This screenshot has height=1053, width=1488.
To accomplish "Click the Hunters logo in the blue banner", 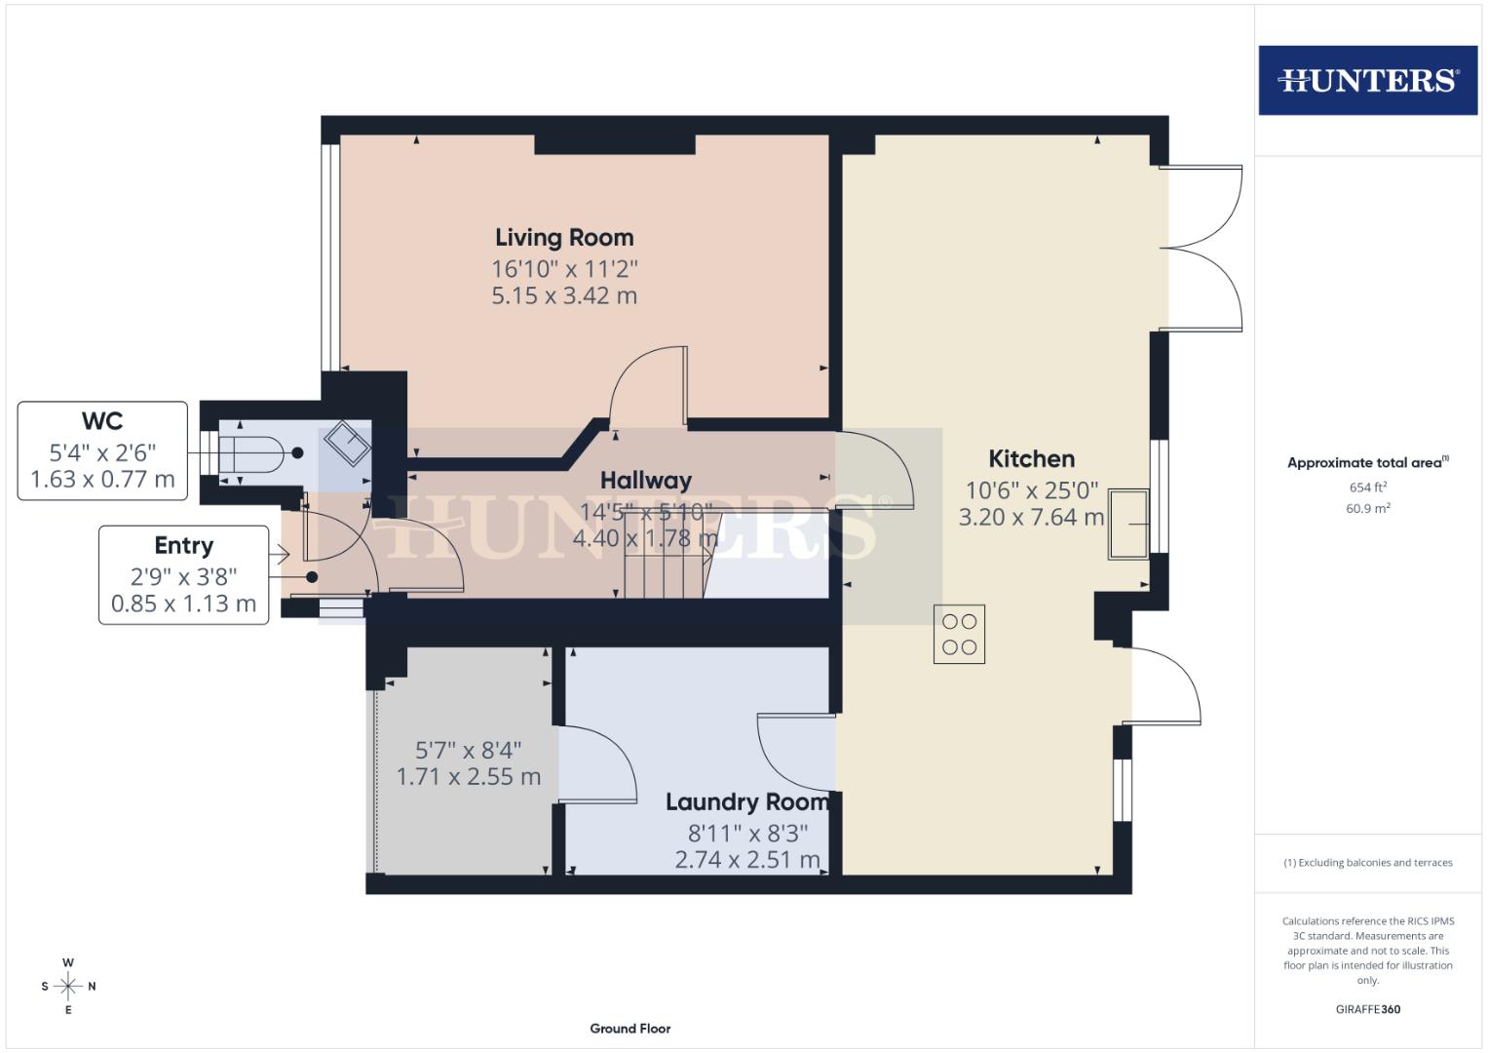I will (1367, 80).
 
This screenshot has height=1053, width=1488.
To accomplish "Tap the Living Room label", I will (564, 237).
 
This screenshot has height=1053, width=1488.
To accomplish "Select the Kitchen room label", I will (1031, 458).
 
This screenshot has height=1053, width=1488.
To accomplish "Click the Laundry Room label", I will (747, 801).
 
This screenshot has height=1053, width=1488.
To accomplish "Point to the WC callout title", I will (102, 420).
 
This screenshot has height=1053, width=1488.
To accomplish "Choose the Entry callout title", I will (183, 545).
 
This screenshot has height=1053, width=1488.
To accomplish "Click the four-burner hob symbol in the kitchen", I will (959, 635).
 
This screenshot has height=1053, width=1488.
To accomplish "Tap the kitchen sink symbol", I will (1128, 524).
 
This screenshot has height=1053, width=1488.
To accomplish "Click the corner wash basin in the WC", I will (346, 444).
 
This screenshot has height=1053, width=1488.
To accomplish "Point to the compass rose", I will (68, 986).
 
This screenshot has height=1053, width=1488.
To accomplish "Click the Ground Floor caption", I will (630, 1028).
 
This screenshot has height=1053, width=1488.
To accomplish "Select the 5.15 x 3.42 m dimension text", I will (564, 295).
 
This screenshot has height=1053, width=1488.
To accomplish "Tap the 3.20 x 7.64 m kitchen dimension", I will (1031, 517).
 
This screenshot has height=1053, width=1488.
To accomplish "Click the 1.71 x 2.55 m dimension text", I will (468, 777).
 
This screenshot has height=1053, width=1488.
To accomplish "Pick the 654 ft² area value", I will (1367, 487).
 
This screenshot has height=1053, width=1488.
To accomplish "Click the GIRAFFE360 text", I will (1367, 1009).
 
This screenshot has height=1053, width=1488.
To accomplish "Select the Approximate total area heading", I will (1367, 462).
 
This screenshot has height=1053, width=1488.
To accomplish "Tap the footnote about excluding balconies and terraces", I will (1367, 862).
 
